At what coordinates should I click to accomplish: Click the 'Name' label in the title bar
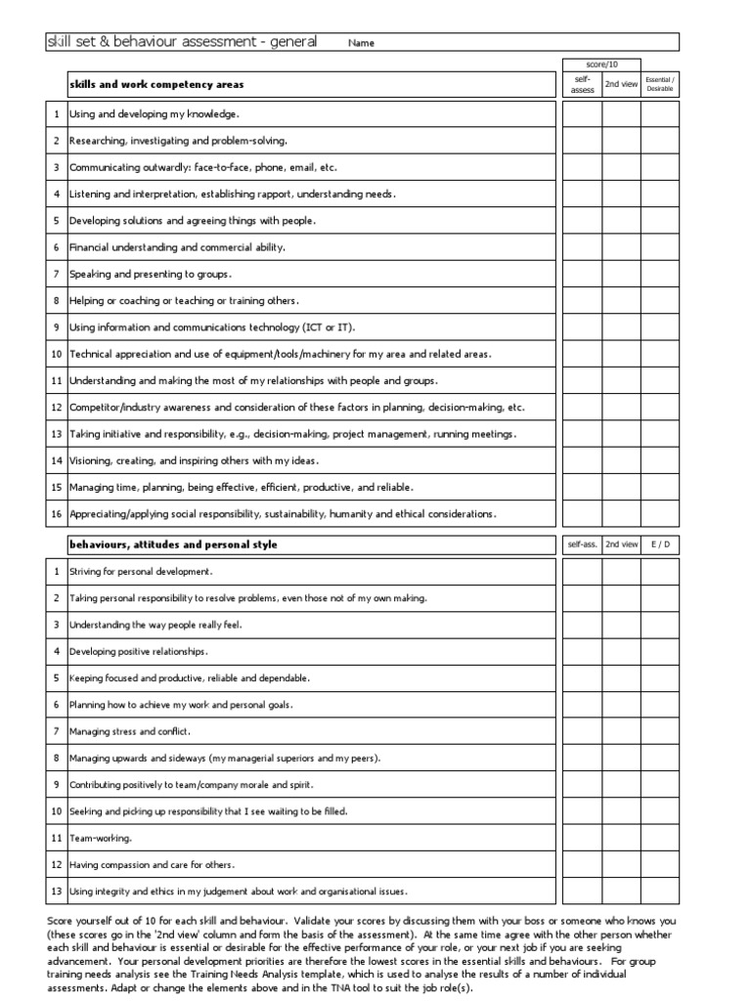coord(361,43)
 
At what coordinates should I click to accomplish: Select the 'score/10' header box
coord(600,65)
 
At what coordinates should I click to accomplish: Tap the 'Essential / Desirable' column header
coord(660,85)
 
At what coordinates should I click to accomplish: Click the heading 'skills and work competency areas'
coord(156,85)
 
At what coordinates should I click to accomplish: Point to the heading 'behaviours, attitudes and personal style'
coord(173,544)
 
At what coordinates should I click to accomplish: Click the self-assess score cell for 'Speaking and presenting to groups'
coord(581,274)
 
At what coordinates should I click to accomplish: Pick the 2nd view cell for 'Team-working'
coord(621,838)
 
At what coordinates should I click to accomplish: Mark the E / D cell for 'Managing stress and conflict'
coord(660,731)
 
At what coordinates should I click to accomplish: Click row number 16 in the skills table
coord(57,513)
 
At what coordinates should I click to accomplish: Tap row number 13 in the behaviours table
coord(57,892)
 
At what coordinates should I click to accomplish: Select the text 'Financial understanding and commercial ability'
coord(177,247)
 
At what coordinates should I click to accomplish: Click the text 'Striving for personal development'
coord(141,571)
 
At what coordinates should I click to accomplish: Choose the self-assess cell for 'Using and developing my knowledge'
coord(581,114)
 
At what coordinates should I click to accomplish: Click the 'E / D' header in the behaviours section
coord(660,544)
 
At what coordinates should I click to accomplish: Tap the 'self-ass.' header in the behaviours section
coord(581,544)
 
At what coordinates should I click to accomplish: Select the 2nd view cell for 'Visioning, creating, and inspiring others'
coord(621,460)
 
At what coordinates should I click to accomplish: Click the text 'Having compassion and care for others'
coord(152,865)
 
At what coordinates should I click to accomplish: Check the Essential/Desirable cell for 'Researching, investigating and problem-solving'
coord(660,141)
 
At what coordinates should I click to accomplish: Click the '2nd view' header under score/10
coord(621,85)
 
